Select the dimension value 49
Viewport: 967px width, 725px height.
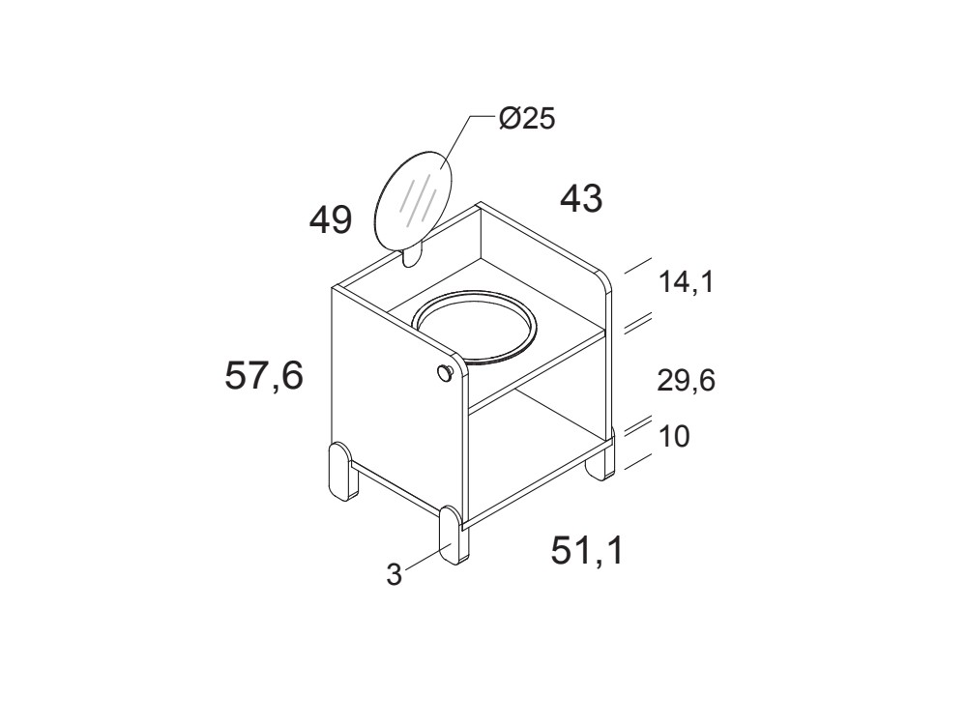[x=331, y=220]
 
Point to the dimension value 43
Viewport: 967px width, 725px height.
[x=581, y=199]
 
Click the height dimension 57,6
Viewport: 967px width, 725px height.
[x=264, y=376]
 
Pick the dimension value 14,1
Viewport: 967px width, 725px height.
[x=686, y=283]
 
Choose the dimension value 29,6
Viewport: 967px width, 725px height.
[x=686, y=381]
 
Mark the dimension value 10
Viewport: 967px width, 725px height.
[x=674, y=437]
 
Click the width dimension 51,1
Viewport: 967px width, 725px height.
[x=587, y=550]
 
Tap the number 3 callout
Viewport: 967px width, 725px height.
[x=394, y=574]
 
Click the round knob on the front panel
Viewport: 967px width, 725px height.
[x=445, y=374]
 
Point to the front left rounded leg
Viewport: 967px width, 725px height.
[x=340, y=473]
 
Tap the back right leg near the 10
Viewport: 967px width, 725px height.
[x=601, y=462]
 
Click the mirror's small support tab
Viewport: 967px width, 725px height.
[x=412, y=255]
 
